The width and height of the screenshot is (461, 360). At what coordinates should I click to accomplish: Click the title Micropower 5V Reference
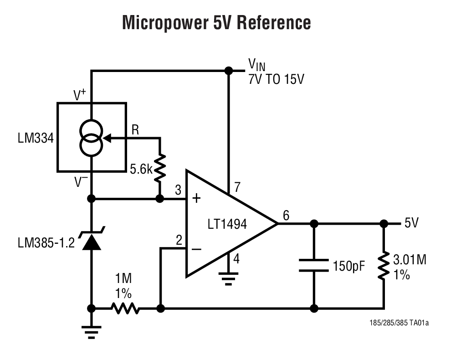[x=216, y=22]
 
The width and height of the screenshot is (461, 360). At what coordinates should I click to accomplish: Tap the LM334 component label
[x=36, y=138]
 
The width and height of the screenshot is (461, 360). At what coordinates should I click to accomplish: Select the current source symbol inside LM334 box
[x=92, y=138]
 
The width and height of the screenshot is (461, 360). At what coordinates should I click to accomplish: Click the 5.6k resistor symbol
[x=160, y=168]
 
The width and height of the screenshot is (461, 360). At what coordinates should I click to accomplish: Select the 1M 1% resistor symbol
[x=125, y=309]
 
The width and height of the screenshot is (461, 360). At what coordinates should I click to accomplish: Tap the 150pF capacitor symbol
[x=314, y=265]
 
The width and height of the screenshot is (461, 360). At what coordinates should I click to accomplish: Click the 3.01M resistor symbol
[x=384, y=266]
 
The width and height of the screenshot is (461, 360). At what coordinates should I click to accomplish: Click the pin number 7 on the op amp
[x=236, y=187]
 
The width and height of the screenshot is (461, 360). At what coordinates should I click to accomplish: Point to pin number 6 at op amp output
[x=286, y=216]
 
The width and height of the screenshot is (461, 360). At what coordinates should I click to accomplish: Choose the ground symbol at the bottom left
[x=92, y=333]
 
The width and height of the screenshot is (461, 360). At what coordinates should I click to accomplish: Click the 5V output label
[x=411, y=224]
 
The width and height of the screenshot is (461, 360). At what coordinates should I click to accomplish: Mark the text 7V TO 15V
[x=276, y=79]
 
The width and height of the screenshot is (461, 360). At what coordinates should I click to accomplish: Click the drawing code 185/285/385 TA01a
[x=399, y=323]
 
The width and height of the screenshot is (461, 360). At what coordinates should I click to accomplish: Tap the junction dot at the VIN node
[x=228, y=71]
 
